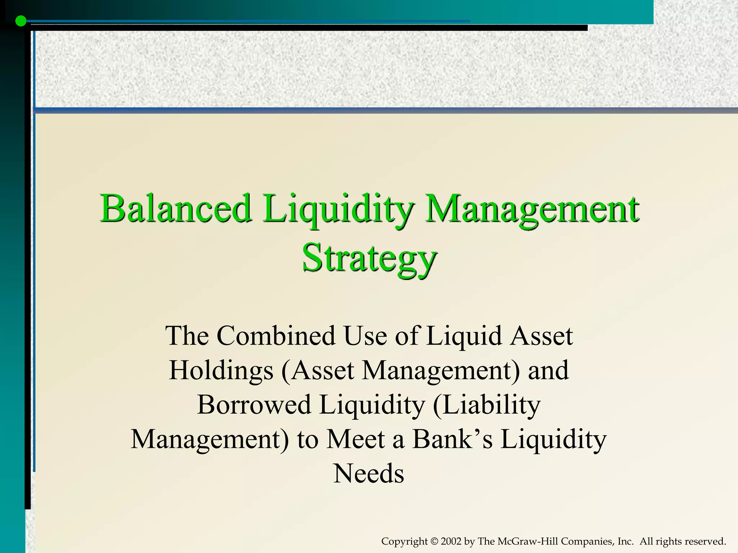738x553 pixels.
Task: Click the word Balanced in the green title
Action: [175, 209]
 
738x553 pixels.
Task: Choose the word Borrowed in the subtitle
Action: [254, 405]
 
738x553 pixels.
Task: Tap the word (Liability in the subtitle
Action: [486, 405]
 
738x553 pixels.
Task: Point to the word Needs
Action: [369, 474]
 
